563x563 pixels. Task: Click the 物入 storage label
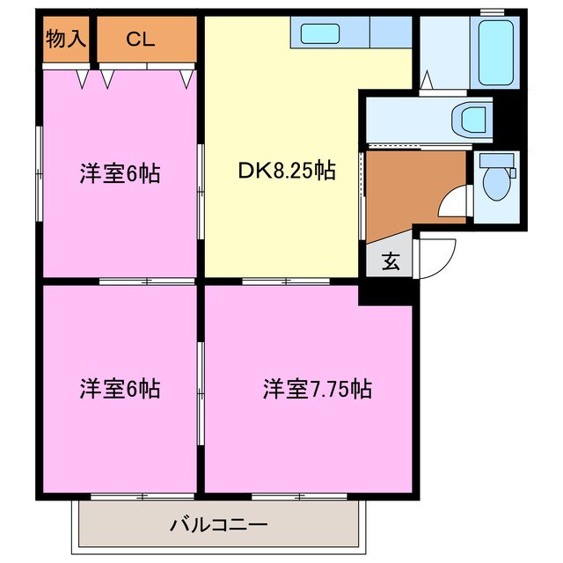(x=66, y=39)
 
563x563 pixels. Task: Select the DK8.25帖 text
(x=287, y=171)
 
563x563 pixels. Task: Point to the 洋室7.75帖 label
(x=316, y=388)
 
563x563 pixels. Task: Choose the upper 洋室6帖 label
(x=120, y=173)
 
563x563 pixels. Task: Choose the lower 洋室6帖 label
(x=120, y=388)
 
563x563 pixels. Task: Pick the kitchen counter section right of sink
(x=386, y=33)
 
